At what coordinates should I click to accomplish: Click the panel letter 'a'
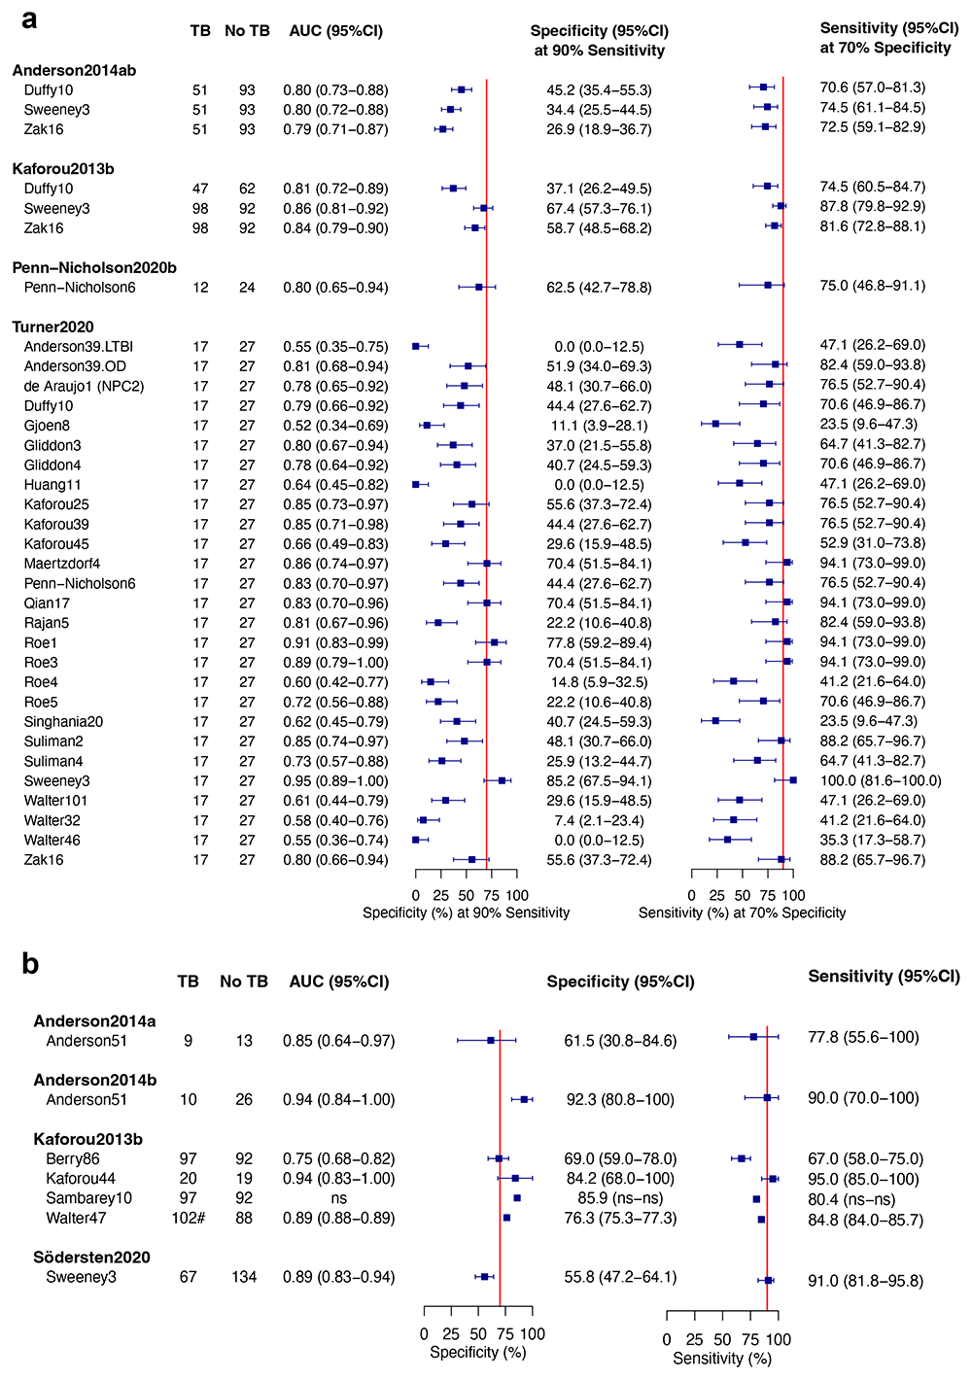click(x=30, y=19)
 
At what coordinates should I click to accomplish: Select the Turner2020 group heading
click(x=52, y=327)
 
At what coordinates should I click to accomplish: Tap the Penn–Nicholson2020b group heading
click(x=94, y=267)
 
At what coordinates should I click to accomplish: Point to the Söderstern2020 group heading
click(x=91, y=1257)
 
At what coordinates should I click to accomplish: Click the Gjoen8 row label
click(x=47, y=426)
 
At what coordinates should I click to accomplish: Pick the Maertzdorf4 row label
click(x=62, y=564)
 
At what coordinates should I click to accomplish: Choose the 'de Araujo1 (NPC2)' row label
click(x=84, y=386)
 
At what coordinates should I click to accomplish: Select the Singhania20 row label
click(x=63, y=722)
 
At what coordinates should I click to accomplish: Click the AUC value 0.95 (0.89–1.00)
click(x=335, y=781)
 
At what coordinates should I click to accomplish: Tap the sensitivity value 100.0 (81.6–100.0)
click(x=881, y=780)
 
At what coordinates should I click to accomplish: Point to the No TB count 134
click(x=244, y=1277)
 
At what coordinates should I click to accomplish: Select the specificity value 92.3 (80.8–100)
click(x=620, y=1100)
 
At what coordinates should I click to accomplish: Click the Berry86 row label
click(x=73, y=1158)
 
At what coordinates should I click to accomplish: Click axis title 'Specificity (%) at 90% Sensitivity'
click(x=466, y=913)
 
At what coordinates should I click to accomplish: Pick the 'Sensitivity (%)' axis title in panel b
click(x=722, y=1358)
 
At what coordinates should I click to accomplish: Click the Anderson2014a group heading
click(x=94, y=1020)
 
